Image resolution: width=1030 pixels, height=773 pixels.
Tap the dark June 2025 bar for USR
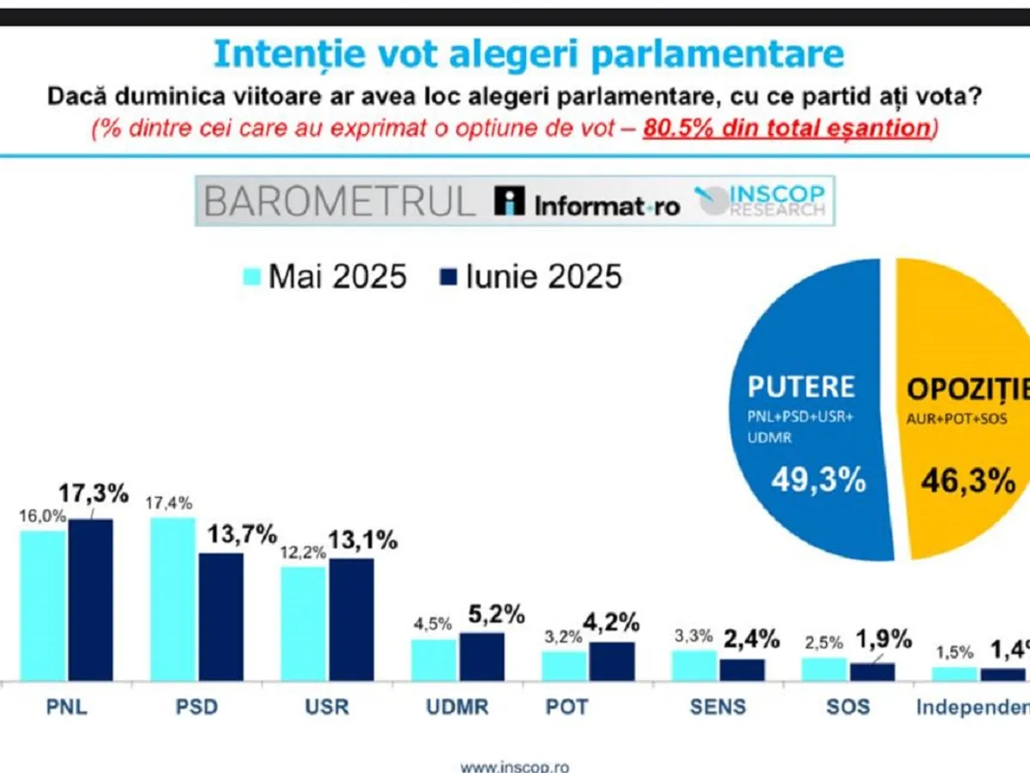tap(351, 619)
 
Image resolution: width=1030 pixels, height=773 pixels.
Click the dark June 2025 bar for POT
tap(612, 661)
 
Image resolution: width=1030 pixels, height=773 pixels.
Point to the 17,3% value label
tap(93, 494)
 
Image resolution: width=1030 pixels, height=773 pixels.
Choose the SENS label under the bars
tap(718, 707)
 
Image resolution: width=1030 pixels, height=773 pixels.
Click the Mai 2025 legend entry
tap(324, 277)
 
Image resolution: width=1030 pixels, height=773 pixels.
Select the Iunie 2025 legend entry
tap(530, 277)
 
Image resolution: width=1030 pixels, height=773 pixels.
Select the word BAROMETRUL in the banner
tap(339, 201)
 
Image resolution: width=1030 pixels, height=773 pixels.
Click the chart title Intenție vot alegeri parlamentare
tap(528, 53)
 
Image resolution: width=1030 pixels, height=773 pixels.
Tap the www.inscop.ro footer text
tap(514, 766)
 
